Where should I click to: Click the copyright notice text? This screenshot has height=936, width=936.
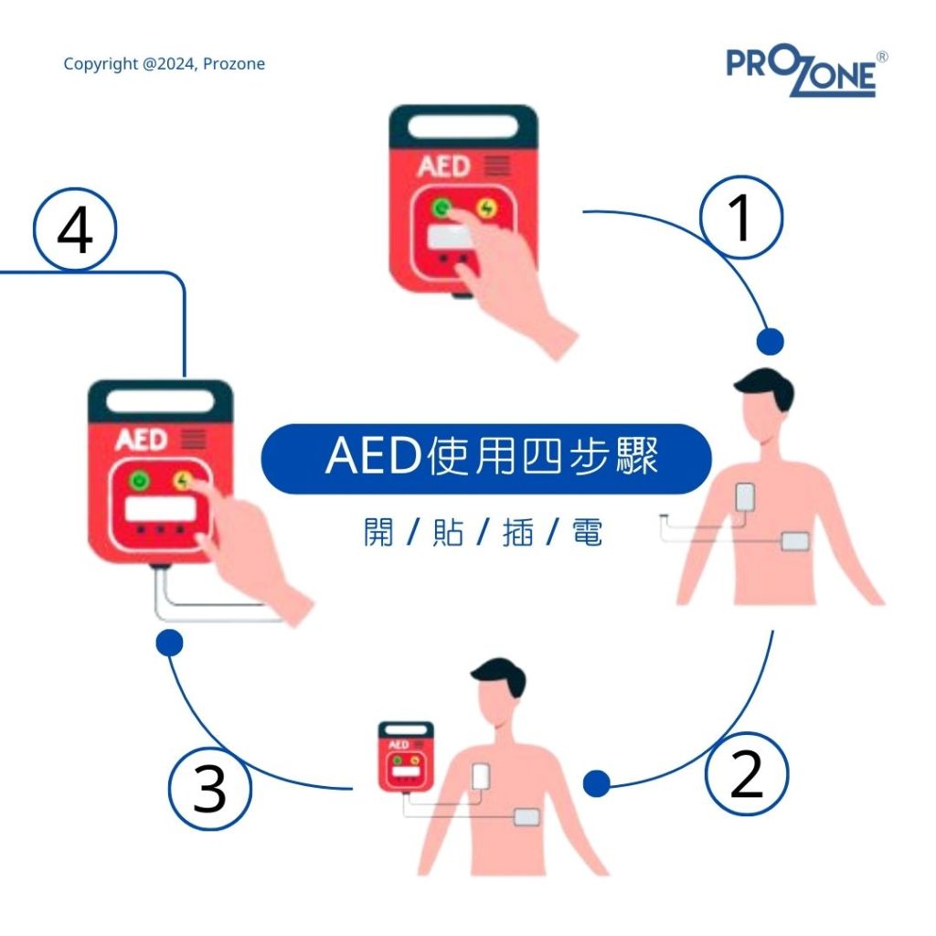pyautogui.click(x=165, y=64)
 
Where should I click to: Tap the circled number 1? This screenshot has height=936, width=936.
pyautogui.click(x=740, y=218)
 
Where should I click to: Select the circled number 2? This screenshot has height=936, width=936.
pyautogui.click(x=747, y=774)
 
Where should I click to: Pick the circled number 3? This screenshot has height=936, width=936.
pyautogui.click(x=209, y=789)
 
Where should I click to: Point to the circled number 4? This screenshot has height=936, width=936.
pyautogui.click(x=75, y=229)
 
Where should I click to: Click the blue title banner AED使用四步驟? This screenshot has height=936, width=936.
pyautogui.click(x=486, y=459)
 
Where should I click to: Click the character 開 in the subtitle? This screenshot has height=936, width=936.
pyautogui.click(x=378, y=532)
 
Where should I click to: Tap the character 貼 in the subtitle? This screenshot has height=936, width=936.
pyautogui.click(x=448, y=532)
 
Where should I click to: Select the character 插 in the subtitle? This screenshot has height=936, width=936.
pyautogui.click(x=517, y=532)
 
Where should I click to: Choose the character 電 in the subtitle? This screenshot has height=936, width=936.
pyautogui.click(x=587, y=532)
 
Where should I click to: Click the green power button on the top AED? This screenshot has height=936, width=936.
pyautogui.click(x=441, y=208)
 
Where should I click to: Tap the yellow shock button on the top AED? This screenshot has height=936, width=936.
pyautogui.click(x=487, y=208)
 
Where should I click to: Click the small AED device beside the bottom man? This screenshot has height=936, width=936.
pyautogui.click(x=406, y=756)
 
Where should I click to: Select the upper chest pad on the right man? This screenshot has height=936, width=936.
pyautogui.click(x=745, y=496)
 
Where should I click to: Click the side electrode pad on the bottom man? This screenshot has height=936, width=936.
pyautogui.click(x=527, y=817)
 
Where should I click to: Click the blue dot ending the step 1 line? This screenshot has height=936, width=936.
pyautogui.click(x=770, y=342)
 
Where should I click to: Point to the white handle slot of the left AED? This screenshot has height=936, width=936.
pyautogui.click(x=160, y=400)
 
